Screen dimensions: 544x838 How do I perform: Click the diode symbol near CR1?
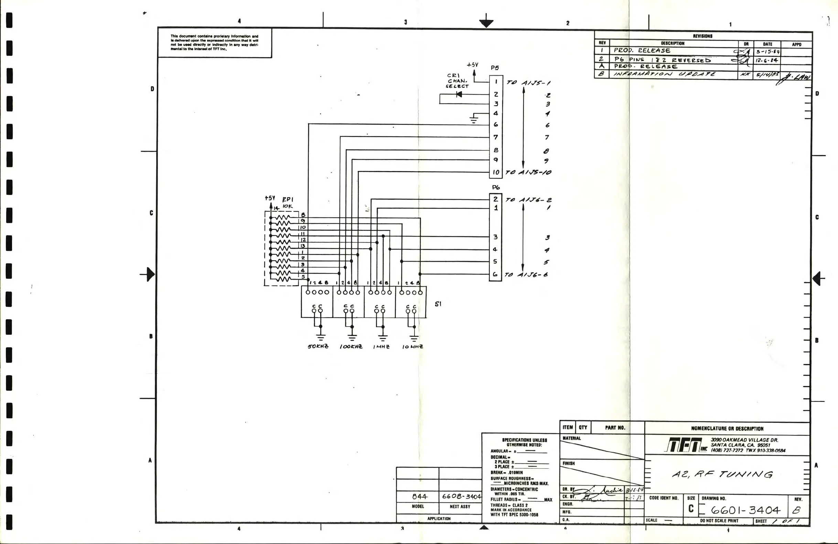click(x=459, y=94)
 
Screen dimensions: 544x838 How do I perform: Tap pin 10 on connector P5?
click(x=496, y=172)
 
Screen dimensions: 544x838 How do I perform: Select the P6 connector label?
click(x=496, y=187)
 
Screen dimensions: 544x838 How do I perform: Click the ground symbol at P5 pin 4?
click(x=474, y=119)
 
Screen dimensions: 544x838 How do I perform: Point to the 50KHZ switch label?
click(x=318, y=346)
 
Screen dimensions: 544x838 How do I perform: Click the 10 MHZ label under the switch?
click(x=413, y=346)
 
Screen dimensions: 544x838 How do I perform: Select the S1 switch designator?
click(x=438, y=304)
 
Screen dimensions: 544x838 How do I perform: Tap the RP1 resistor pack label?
click(x=288, y=199)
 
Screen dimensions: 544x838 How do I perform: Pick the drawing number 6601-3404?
click(x=745, y=510)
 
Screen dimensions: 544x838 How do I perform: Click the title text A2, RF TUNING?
click(x=722, y=474)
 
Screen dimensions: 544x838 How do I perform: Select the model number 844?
click(x=419, y=497)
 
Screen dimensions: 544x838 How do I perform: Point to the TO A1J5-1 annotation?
click(x=528, y=83)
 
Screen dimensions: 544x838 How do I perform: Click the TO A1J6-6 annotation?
click(x=526, y=275)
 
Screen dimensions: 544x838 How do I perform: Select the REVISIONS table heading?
click(x=702, y=36)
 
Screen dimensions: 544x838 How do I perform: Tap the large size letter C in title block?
click(x=691, y=509)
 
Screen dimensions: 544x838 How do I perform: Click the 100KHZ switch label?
click(x=351, y=346)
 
